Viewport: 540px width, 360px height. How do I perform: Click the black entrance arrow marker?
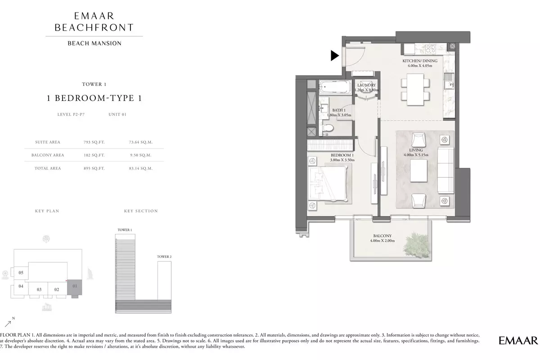pos(334,56)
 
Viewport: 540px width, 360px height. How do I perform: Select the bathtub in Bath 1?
pos(335,87)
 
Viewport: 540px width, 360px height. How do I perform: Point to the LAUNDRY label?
pos(366,85)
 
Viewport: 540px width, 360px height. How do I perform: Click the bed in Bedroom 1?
pos(328,184)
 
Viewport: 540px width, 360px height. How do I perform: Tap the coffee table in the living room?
pos(419,171)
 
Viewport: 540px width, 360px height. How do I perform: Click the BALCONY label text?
pos(382,236)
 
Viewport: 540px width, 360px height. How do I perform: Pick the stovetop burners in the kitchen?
pos(431,49)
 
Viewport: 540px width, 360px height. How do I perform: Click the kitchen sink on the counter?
pos(449,81)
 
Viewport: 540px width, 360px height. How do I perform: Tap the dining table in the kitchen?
pos(415,90)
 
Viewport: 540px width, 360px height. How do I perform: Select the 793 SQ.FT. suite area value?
pos(94,142)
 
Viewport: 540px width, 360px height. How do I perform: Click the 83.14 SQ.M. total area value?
pos(140,168)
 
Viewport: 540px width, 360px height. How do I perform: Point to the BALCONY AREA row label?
pos(48,155)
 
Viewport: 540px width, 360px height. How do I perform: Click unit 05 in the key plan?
pos(21,273)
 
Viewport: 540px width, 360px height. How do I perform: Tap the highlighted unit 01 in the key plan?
pos(75,287)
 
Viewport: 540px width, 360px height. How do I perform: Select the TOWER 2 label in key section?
pos(164,256)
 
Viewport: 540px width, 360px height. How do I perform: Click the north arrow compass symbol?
pos(9,323)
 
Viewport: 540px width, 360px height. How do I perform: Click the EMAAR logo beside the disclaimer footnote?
pos(518,341)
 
